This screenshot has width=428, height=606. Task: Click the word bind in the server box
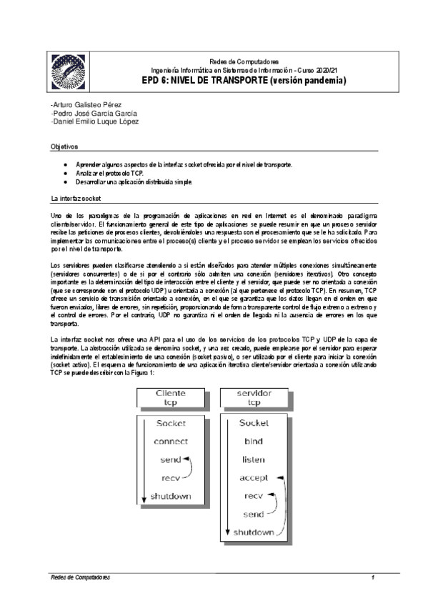(x=255, y=441)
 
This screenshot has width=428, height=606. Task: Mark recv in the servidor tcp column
(x=254, y=495)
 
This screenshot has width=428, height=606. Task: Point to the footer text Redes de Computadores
(x=79, y=576)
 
